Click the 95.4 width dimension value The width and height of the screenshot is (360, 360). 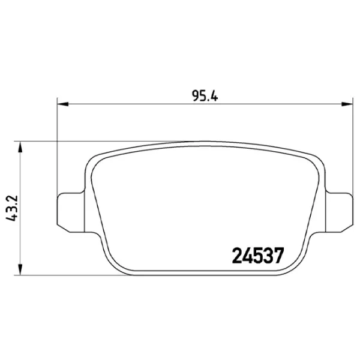(x=205, y=96)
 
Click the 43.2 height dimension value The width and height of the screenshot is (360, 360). (x=12, y=208)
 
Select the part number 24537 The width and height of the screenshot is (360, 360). (x=258, y=256)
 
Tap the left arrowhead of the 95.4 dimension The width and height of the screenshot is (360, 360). (x=62, y=104)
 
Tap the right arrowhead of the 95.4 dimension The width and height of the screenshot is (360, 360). (x=347, y=104)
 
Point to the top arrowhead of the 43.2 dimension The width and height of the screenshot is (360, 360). (x=20, y=147)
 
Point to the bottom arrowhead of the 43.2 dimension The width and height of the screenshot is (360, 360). (x=20, y=269)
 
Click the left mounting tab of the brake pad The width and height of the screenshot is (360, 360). (x=70, y=212)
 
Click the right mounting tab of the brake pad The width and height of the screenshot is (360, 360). (x=339, y=212)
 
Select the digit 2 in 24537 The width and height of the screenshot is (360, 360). (x=237, y=256)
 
